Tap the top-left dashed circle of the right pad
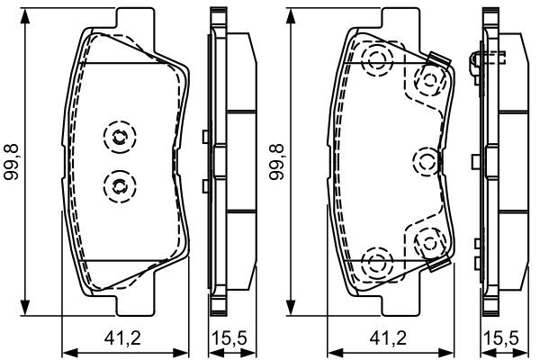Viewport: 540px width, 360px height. [375, 60]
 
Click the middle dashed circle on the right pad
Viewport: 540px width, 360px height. [426, 162]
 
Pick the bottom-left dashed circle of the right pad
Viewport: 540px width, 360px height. [375, 264]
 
